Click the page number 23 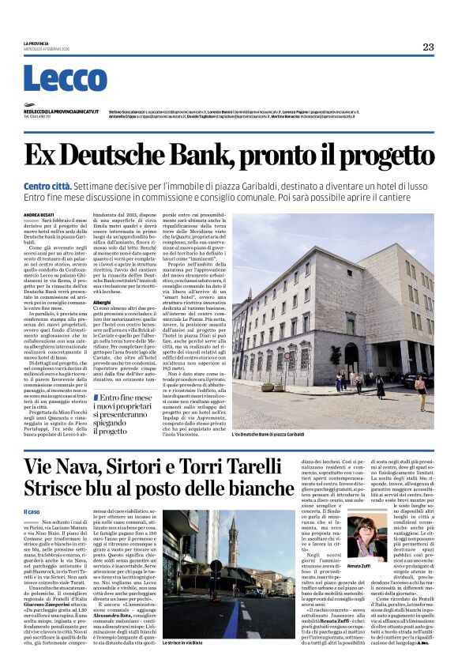(427, 47)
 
